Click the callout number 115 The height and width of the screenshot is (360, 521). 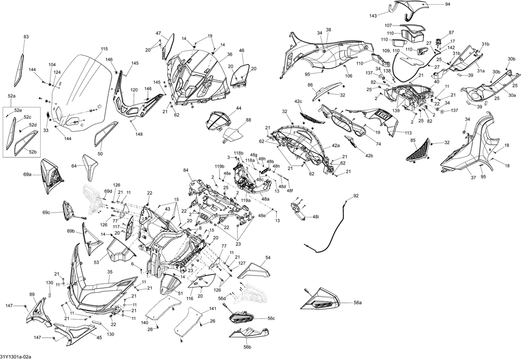pos(104,49)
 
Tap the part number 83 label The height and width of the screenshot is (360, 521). pos(26,37)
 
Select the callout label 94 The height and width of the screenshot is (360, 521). pos(448,4)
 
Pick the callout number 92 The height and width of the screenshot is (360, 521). pos(356,196)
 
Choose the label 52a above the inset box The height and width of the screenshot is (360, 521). pos(11,96)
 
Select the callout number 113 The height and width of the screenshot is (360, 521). pos(408,133)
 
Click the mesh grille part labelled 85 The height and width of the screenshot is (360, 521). pos(419,150)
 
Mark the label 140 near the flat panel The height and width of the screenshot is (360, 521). pos(144,322)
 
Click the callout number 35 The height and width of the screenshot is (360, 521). pos(110,272)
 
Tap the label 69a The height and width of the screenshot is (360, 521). pos(27,174)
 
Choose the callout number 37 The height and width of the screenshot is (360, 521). pos(473,178)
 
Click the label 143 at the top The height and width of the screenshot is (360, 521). pos(374,16)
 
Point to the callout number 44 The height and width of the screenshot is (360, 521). pos(239,108)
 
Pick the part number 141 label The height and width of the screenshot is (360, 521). pos(213,309)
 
